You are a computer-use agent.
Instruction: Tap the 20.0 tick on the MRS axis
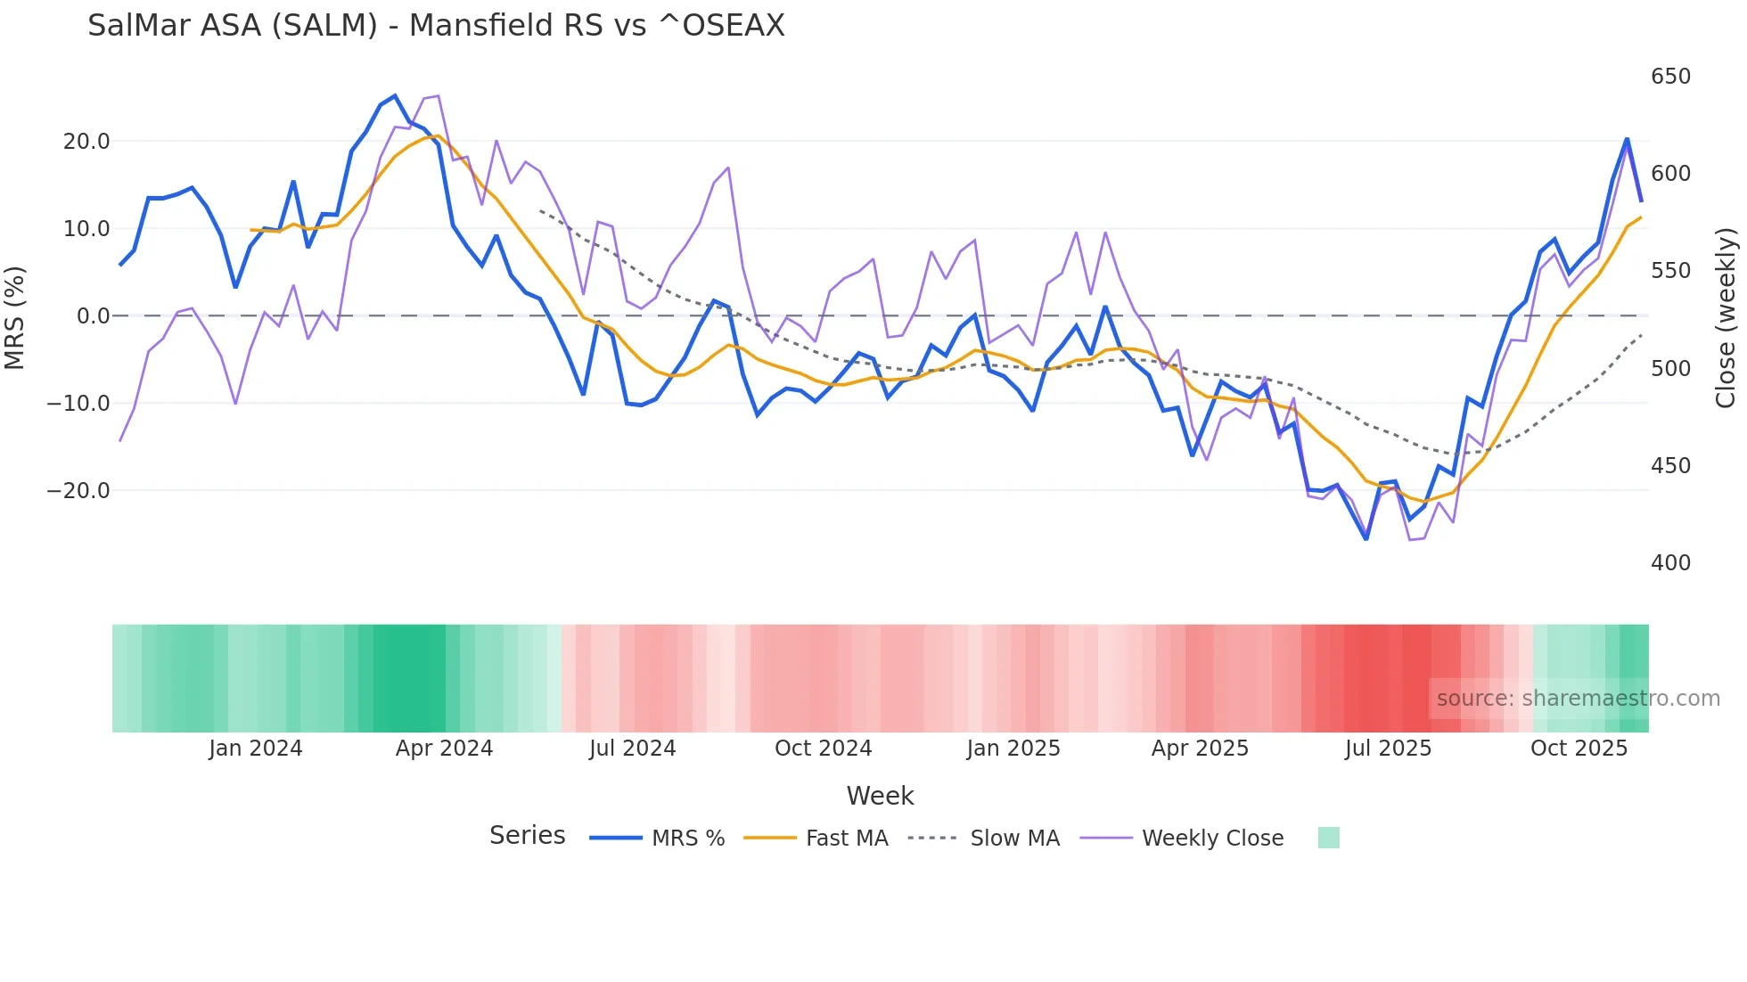[x=86, y=142]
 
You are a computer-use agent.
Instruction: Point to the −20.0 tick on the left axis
[x=78, y=491]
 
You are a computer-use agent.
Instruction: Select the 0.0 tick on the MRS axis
[x=94, y=316]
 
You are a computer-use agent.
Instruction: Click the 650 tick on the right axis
[x=1670, y=77]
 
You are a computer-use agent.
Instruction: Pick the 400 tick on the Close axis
[x=1670, y=563]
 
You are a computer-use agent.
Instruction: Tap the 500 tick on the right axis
[x=1670, y=369]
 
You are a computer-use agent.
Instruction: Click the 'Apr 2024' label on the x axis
[x=444, y=749]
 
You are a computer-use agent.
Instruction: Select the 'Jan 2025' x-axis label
[x=1013, y=749]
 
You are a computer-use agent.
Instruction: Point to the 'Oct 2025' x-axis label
[x=1579, y=749]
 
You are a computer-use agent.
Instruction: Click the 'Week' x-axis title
[x=880, y=796]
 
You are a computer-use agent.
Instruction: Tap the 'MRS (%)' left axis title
[x=15, y=317]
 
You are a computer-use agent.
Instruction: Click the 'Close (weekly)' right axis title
[x=1726, y=317]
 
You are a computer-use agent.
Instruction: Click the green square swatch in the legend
[x=1328, y=838]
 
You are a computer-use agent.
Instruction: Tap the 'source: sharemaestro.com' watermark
[x=1578, y=699]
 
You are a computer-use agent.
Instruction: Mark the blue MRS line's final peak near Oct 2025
[x=1627, y=140]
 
